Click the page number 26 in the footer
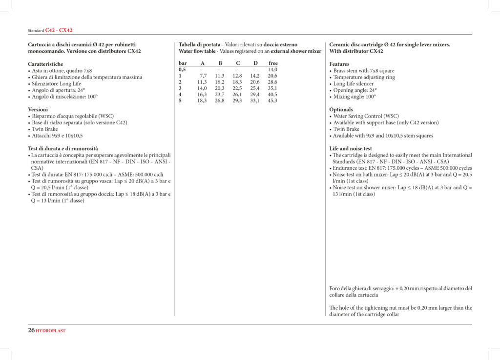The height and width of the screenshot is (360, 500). [x=31, y=330]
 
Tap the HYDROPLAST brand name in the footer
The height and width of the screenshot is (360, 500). [x=51, y=331]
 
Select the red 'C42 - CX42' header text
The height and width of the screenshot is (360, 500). [x=59, y=30]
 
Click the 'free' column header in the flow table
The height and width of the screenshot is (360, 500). [x=273, y=63]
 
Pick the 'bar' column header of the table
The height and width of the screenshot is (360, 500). [x=183, y=63]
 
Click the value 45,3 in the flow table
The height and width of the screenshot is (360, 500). [x=272, y=100]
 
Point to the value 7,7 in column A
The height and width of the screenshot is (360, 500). [x=203, y=76]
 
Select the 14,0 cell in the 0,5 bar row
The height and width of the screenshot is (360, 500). [x=272, y=70]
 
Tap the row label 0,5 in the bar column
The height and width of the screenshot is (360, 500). [x=182, y=70]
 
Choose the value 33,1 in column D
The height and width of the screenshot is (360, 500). [x=254, y=100]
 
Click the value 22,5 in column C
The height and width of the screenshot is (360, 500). [x=237, y=88]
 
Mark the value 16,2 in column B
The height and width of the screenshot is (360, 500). [x=220, y=82]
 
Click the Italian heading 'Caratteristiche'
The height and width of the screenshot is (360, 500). [x=45, y=64]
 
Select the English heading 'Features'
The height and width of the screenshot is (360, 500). [x=339, y=64]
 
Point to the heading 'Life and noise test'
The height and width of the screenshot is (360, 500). [x=351, y=149]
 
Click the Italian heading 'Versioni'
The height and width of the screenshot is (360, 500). [x=38, y=110]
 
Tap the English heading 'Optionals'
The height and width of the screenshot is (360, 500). [x=341, y=110]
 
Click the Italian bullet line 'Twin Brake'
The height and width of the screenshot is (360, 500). [x=45, y=129]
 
